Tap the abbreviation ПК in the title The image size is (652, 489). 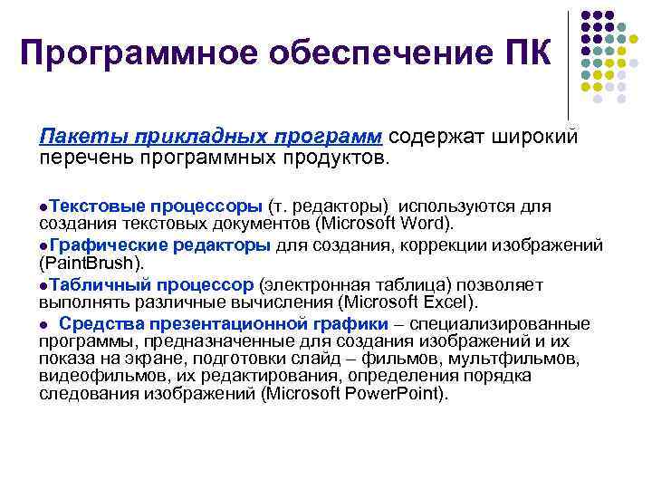tap(523, 53)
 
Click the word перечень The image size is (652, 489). tap(84, 158)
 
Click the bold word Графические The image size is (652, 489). tap(107, 245)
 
